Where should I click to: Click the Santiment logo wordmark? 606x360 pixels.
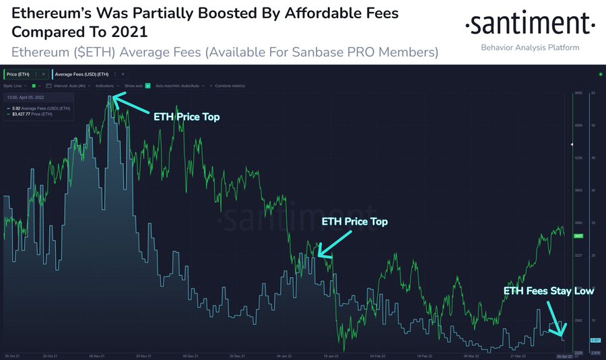tap(531, 26)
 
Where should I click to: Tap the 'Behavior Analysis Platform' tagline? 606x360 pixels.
tap(530, 48)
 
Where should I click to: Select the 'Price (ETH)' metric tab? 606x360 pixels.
tap(19, 73)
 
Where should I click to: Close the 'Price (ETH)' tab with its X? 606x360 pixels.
tap(43, 73)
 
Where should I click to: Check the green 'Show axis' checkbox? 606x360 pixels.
tap(147, 85)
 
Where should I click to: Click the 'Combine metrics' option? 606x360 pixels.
tap(230, 85)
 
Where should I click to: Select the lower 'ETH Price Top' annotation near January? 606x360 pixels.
tap(354, 221)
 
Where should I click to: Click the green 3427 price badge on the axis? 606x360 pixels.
tap(578, 236)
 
